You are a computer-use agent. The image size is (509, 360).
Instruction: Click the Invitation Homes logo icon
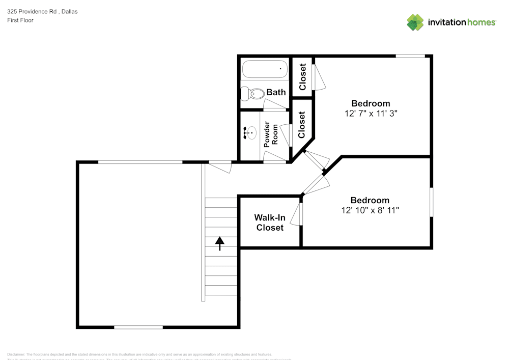click(415, 22)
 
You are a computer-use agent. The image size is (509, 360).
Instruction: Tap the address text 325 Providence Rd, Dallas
click(42, 11)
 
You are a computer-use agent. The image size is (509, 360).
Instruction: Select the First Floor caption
click(20, 20)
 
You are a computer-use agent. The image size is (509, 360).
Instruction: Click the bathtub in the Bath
click(265, 69)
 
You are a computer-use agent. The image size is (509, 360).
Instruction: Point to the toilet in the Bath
click(253, 93)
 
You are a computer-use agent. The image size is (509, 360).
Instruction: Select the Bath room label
click(276, 92)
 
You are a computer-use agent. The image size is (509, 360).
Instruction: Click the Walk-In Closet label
click(270, 223)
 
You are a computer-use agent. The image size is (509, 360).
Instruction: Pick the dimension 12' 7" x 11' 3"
click(371, 114)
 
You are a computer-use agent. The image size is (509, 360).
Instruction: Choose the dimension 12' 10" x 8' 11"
click(370, 210)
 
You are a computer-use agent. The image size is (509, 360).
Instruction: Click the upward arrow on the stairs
click(220, 243)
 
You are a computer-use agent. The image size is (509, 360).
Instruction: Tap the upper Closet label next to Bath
click(302, 76)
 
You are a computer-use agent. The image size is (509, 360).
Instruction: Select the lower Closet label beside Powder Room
click(302, 125)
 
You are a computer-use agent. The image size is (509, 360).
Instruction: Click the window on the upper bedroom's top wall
click(410, 56)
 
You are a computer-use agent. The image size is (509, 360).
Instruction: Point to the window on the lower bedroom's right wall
click(431, 202)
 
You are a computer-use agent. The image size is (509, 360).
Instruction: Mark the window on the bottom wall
click(138, 327)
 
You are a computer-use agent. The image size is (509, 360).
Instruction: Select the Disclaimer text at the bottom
click(140, 354)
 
